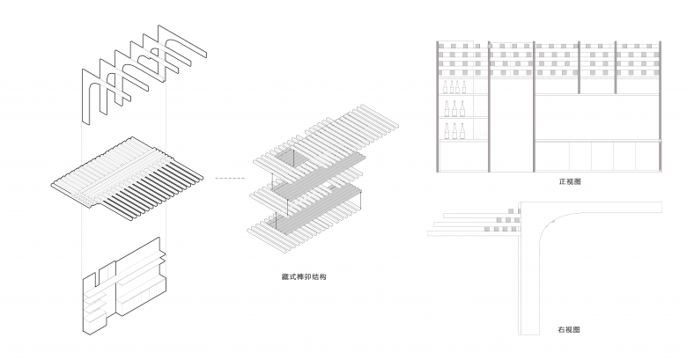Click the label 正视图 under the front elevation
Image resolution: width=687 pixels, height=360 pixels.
click(570, 181)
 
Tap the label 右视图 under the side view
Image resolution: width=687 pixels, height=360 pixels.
click(570, 329)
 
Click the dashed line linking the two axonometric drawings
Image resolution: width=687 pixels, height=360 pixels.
click(232, 179)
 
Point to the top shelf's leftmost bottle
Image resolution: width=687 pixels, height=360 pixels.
click(445, 87)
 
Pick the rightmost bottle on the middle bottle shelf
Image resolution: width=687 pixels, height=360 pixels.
click(459, 109)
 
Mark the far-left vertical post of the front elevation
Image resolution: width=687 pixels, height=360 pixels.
click(438, 106)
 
